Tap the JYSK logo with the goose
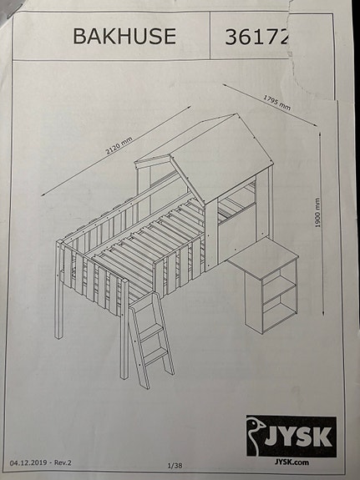point(292,436)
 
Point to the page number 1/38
point(175,464)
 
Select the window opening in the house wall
point(238,202)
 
